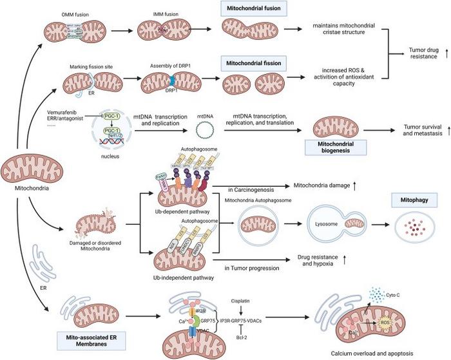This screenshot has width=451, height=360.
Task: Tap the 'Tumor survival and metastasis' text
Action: tap(420, 131)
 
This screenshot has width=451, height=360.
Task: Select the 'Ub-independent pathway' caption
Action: tap(182, 278)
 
